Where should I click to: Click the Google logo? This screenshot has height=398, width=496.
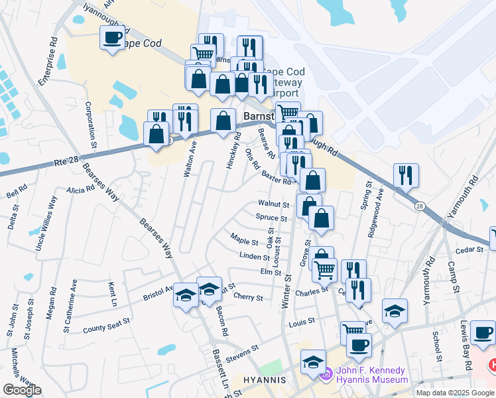point(22,390)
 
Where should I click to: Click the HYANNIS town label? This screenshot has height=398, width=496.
point(263,380)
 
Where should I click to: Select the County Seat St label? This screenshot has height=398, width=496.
point(106,326)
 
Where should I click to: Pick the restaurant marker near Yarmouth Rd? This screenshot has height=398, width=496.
point(405,176)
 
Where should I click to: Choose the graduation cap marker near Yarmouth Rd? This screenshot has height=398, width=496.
point(395,311)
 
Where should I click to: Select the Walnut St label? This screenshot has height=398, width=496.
point(274,204)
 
